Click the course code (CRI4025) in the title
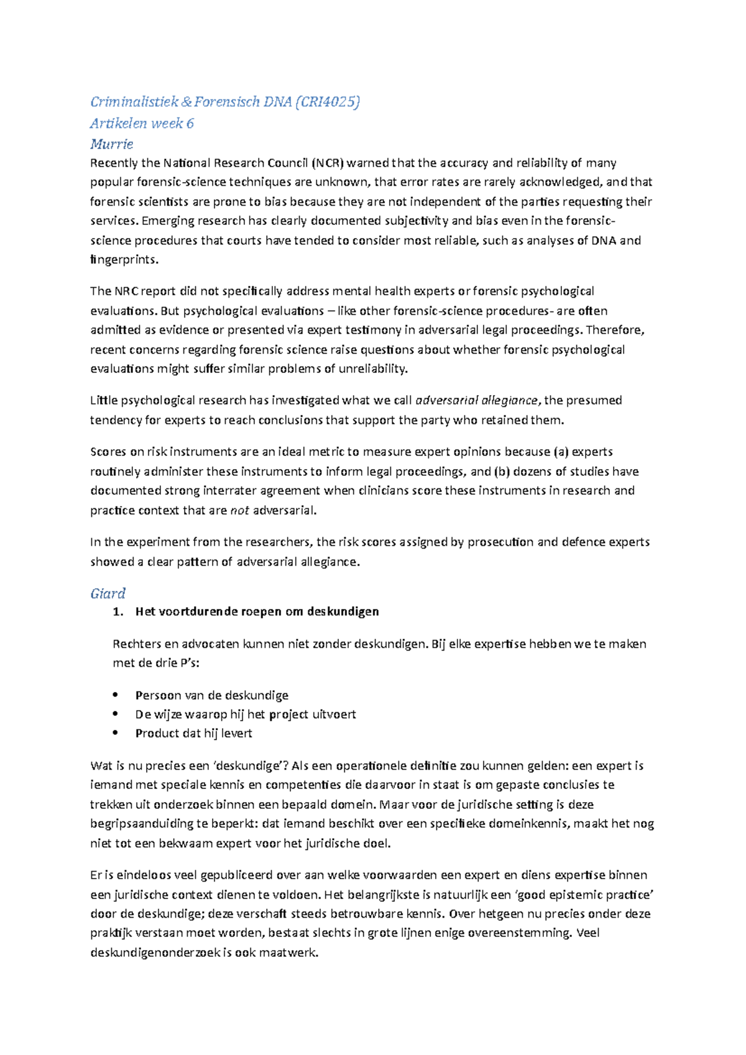328,102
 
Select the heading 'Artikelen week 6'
142,123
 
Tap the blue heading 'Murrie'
112,144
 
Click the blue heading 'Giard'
108,593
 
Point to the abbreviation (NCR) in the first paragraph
327,163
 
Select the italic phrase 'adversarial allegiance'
477,400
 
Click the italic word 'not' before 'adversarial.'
239,510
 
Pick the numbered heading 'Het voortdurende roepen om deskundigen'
257,611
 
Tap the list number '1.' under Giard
118,611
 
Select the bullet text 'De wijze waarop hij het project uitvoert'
246,714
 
